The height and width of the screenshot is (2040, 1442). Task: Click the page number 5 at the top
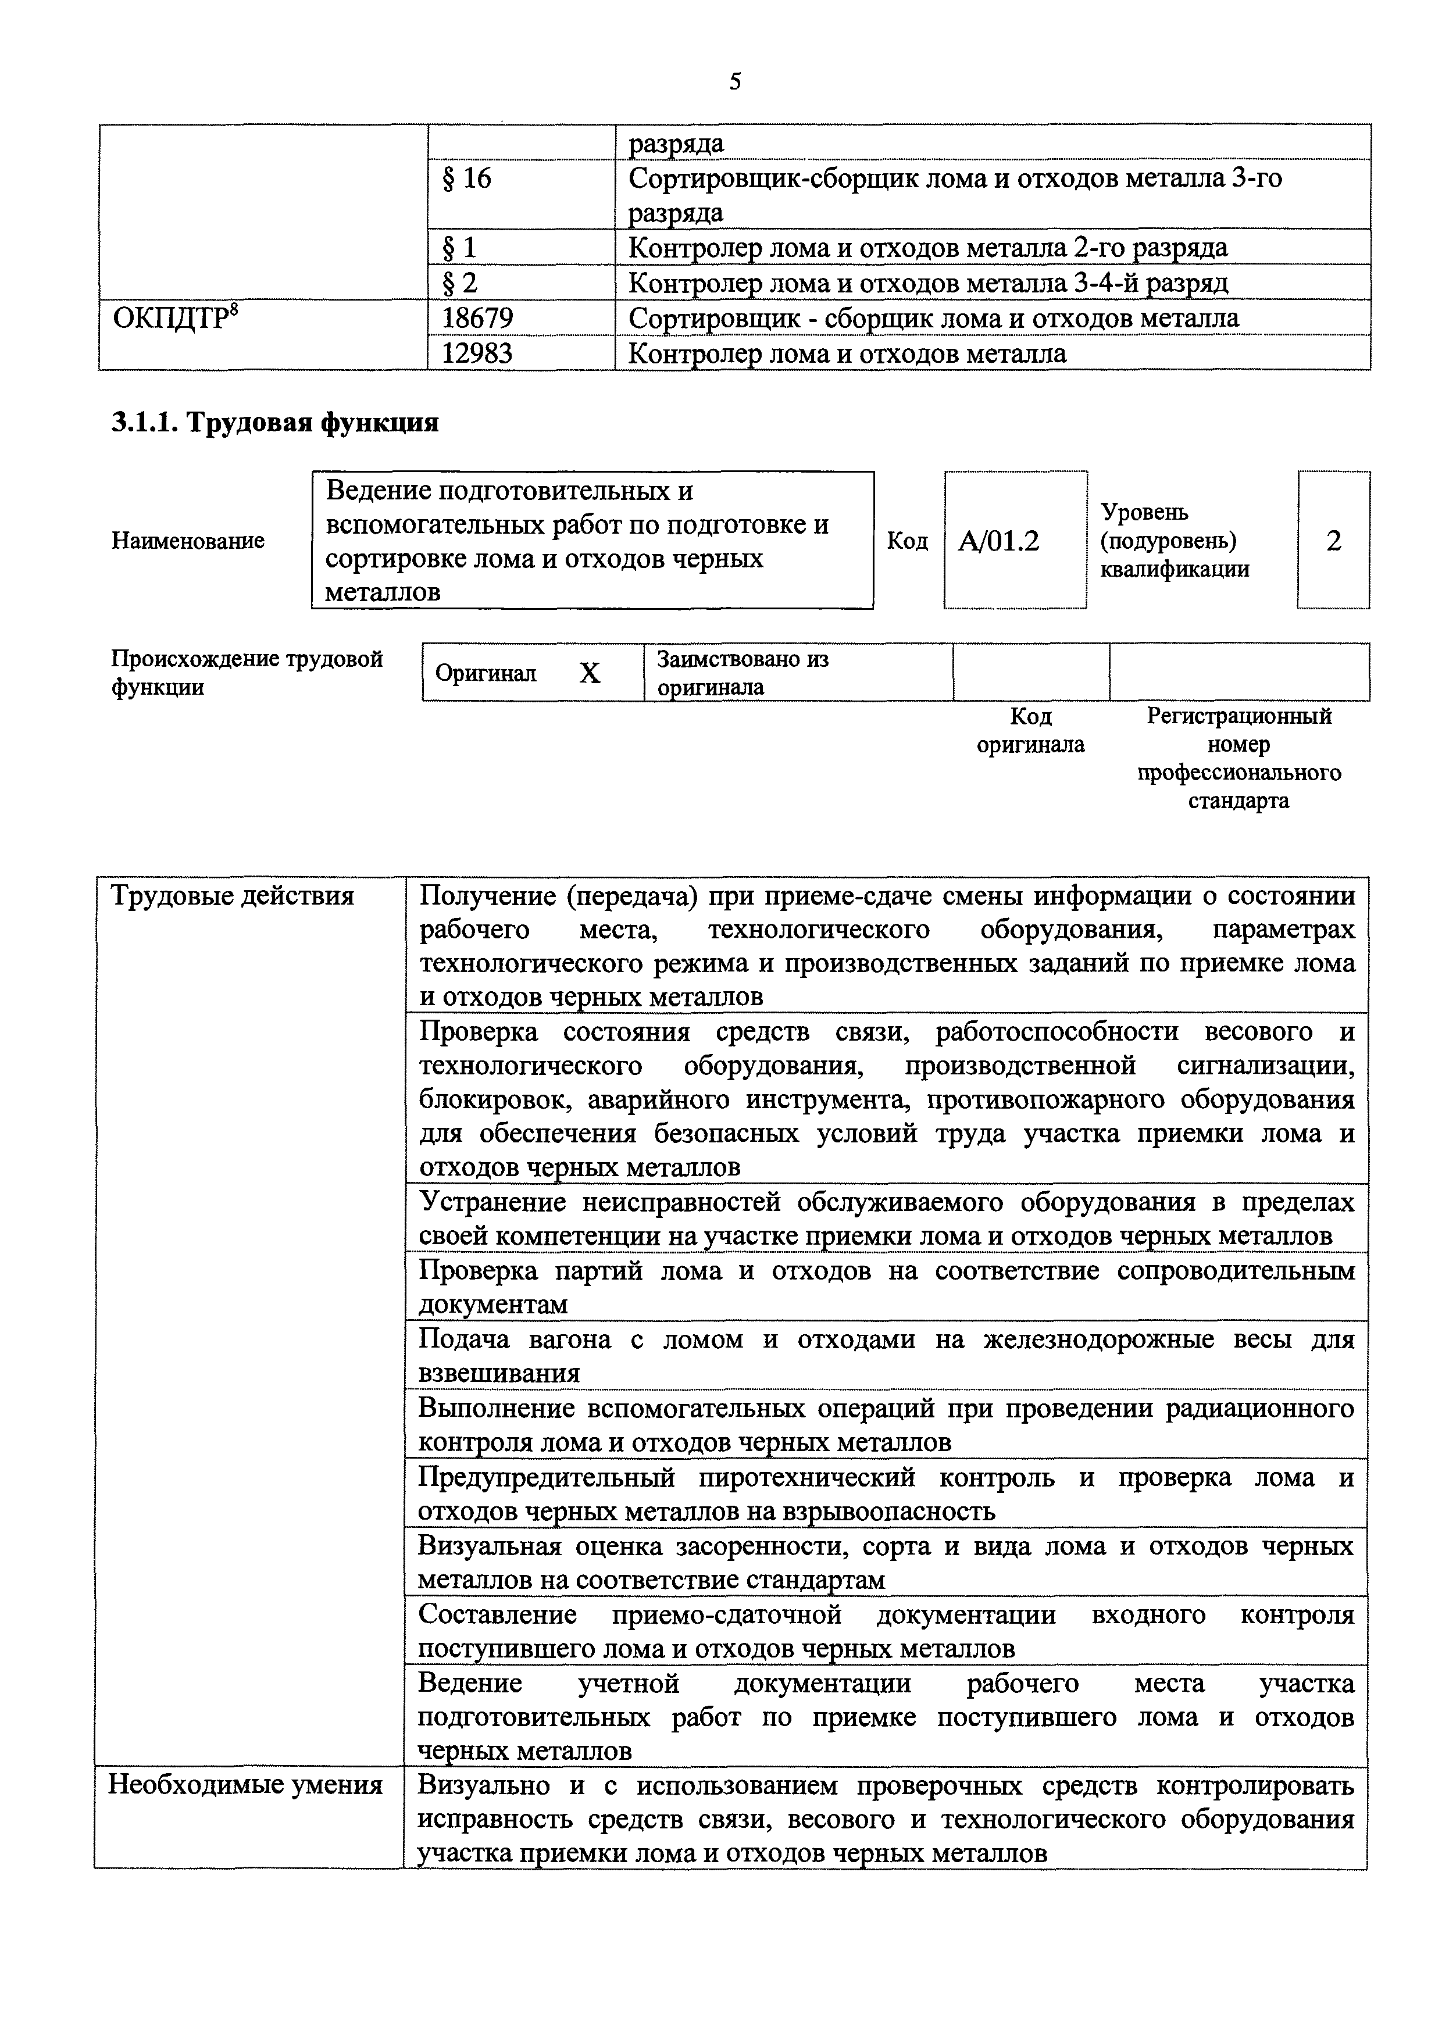[734, 83]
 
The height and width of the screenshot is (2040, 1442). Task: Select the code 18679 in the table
[478, 318]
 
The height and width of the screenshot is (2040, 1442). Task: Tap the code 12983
[478, 353]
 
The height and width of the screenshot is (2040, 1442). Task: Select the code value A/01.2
[999, 541]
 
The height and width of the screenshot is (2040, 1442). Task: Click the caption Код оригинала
[1031, 730]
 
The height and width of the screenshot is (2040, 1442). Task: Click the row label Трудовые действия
[232, 896]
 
